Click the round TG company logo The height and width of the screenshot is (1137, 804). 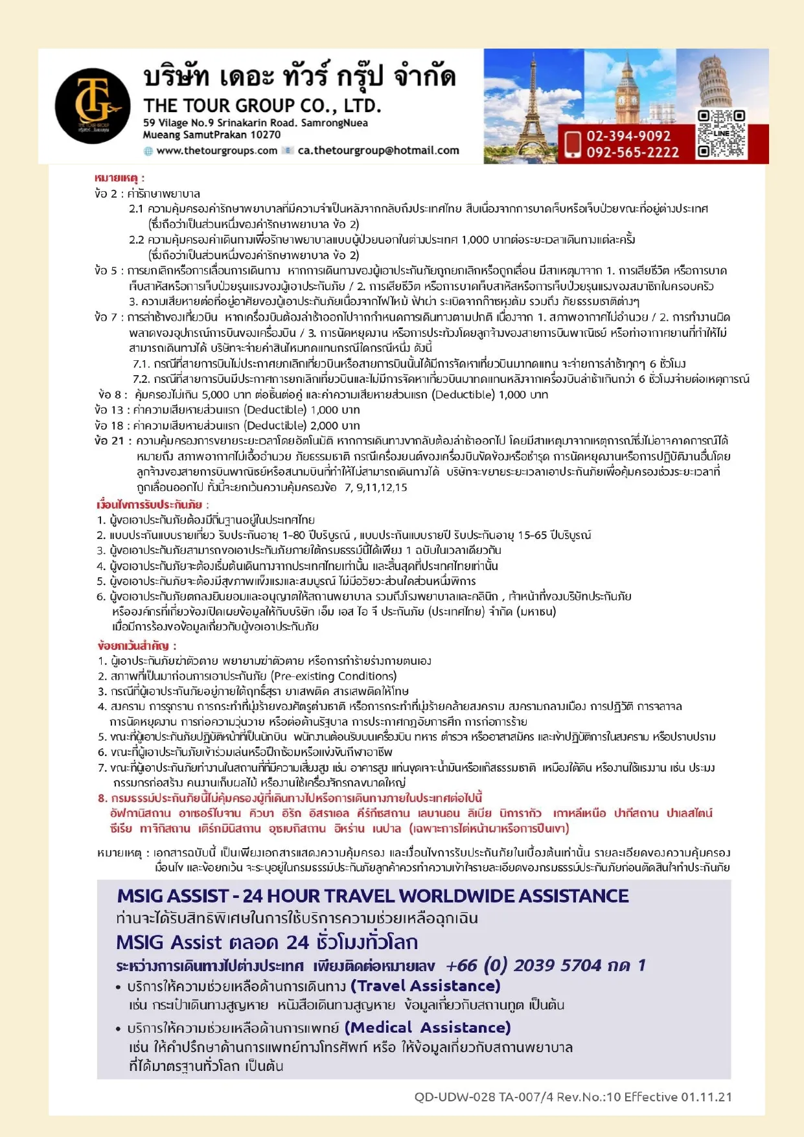coord(93,106)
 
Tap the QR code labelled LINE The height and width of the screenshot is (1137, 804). coord(721,133)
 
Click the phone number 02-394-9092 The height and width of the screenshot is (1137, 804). coord(628,136)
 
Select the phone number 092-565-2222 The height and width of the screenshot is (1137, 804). coord(632,153)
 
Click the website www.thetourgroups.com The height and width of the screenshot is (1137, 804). coord(216,151)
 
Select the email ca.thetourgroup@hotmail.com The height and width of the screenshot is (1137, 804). coord(378,151)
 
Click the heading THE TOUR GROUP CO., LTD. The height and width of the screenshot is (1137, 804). coord(262,106)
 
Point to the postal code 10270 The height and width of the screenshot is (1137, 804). coord(265,135)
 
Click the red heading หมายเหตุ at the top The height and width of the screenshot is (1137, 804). coord(119,178)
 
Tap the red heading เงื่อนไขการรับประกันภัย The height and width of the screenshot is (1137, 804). coord(150,505)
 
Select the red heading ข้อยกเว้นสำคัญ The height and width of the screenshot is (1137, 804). coord(136,646)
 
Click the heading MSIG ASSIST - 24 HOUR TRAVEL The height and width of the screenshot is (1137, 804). coord(373,896)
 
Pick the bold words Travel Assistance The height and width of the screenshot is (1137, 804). coord(425,986)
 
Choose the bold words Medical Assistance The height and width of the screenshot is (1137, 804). coord(428,1028)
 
